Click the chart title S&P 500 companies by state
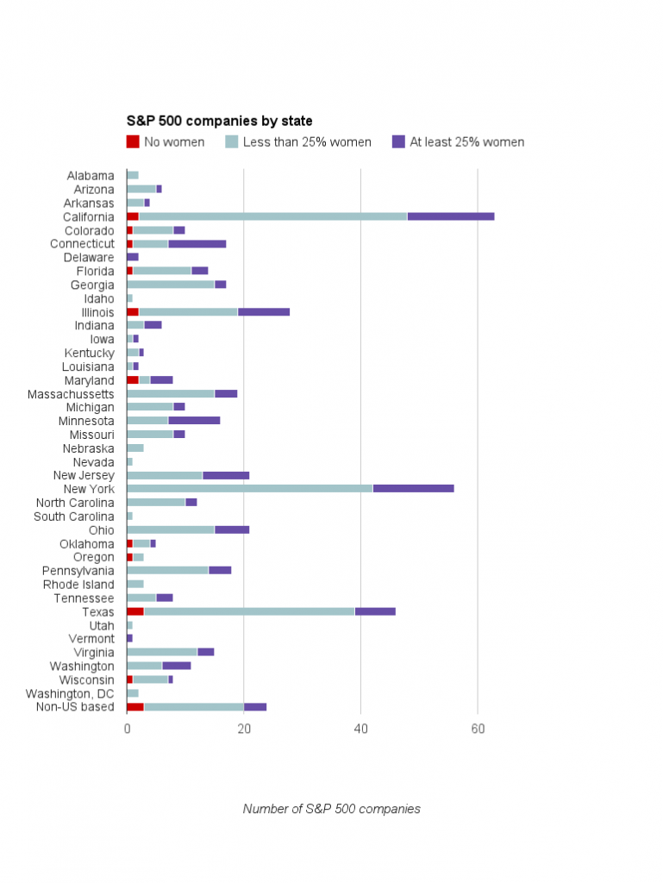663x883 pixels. [x=220, y=122]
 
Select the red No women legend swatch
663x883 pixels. [x=133, y=141]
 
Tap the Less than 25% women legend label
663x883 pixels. [x=307, y=142]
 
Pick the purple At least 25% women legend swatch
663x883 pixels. [x=398, y=141]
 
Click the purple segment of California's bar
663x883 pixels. [x=450, y=216]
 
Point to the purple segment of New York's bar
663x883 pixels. [x=413, y=489]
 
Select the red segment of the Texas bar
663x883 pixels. [x=135, y=611]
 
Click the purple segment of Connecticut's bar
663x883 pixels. [x=197, y=244]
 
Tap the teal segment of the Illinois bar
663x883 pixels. [x=188, y=312]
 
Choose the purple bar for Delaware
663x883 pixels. [x=133, y=257]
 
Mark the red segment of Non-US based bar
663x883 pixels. [x=135, y=707]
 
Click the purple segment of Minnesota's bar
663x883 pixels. [x=194, y=421]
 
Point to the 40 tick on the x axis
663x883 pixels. [x=361, y=729]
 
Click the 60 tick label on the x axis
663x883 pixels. [x=478, y=729]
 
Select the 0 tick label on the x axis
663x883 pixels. [x=127, y=729]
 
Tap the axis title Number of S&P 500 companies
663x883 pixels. [x=331, y=809]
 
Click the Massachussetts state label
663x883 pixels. [x=77, y=394]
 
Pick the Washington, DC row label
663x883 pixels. [x=70, y=693]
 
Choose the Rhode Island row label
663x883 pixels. [x=78, y=585]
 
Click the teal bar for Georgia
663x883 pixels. [x=171, y=285]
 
